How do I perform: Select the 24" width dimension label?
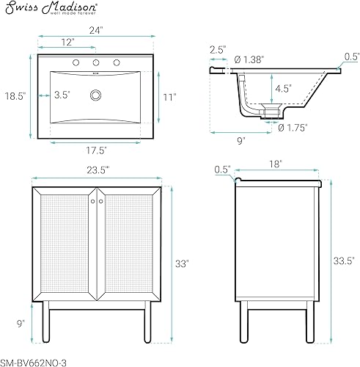click(x=96, y=31)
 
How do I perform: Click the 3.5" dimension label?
click(x=64, y=95)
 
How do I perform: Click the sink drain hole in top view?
click(x=95, y=95)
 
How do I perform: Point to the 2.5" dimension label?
click(x=216, y=49)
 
